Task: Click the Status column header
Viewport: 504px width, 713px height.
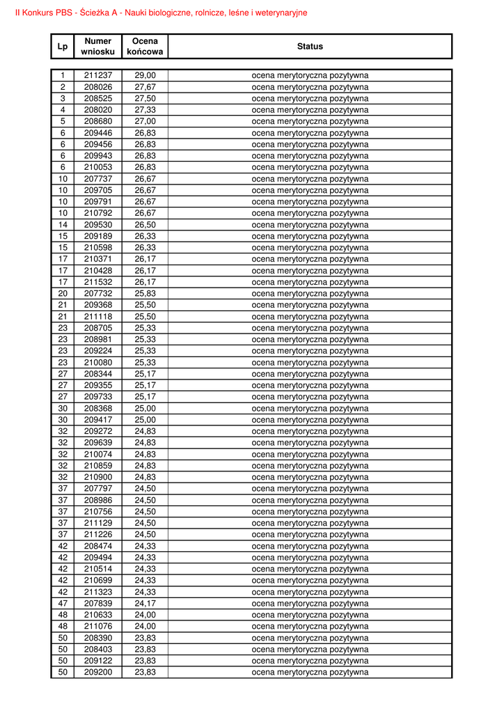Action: click(x=310, y=47)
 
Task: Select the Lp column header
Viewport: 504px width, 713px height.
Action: click(x=63, y=47)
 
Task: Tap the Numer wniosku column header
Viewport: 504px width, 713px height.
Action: click(x=97, y=47)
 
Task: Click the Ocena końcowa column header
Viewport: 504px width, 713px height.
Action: click(x=145, y=47)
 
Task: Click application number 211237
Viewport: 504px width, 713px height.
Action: click(x=97, y=75)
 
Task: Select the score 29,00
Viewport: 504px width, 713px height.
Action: click(x=145, y=75)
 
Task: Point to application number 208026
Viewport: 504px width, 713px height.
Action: click(x=97, y=87)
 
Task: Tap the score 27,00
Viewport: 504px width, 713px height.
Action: click(x=145, y=121)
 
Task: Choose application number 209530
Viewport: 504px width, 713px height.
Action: click(x=97, y=225)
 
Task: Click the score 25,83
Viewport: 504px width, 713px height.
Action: click(x=145, y=294)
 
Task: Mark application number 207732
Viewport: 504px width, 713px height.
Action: click(x=97, y=294)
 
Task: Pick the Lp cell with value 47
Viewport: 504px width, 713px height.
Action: click(x=63, y=604)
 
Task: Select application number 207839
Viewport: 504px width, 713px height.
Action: click(x=97, y=604)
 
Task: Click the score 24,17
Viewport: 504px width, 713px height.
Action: click(x=145, y=604)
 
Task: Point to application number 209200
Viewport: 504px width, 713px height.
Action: click(x=97, y=673)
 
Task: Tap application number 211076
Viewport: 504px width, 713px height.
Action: click(x=97, y=627)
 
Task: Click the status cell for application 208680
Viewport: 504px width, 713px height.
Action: click(x=310, y=121)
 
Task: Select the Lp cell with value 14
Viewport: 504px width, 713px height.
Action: click(x=63, y=225)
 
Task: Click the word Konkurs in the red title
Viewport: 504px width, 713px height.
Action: click(x=39, y=13)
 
